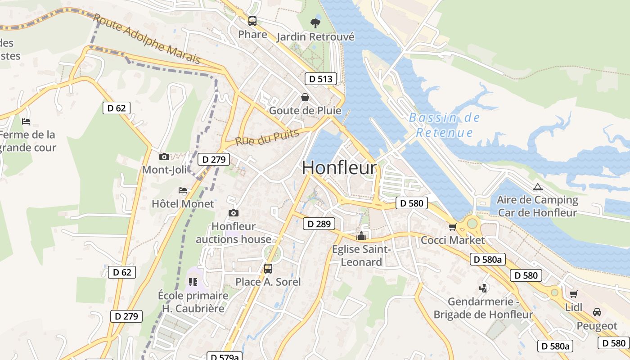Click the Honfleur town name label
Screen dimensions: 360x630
tap(339, 168)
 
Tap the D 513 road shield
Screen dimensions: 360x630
tap(320, 79)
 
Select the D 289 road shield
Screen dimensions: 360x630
tap(319, 224)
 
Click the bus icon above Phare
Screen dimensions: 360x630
tap(252, 21)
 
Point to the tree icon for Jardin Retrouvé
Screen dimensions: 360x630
tap(315, 22)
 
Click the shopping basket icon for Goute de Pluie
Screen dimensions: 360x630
tap(305, 97)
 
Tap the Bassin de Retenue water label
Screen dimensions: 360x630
tap(444, 125)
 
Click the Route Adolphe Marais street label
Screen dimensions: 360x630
tap(147, 38)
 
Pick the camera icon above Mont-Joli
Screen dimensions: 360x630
tap(164, 157)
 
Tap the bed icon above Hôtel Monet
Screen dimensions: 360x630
tap(183, 190)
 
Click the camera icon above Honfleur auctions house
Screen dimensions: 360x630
tap(233, 213)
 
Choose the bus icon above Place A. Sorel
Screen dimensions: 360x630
tap(268, 269)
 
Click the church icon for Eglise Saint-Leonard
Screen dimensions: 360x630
tap(361, 236)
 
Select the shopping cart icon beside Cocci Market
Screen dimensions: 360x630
tap(452, 227)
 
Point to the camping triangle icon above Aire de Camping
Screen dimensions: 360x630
tap(537, 187)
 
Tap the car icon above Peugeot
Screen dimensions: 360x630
tap(597, 312)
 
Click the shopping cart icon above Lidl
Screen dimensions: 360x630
tap(573, 294)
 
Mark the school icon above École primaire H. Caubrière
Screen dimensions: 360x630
tap(193, 282)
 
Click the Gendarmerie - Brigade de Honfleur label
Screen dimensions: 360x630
tap(483, 308)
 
